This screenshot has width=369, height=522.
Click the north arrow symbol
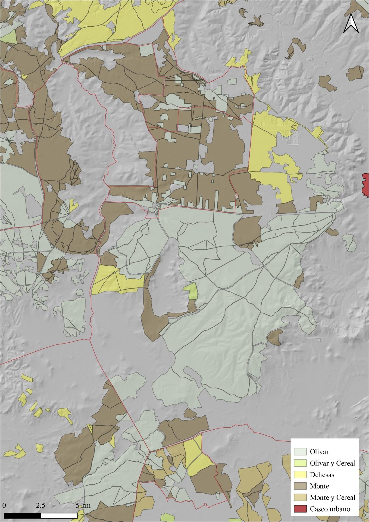pyautogui.click(x=351, y=23)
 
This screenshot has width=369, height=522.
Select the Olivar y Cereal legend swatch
pyautogui.click(x=300, y=463)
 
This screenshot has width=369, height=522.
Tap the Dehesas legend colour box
pyautogui.click(x=300, y=475)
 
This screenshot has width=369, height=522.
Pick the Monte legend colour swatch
pyautogui.click(x=300, y=486)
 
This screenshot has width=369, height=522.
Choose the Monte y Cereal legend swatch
pyautogui.click(x=300, y=497)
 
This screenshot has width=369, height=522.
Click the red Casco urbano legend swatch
pyautogui.click(x=300, y=509)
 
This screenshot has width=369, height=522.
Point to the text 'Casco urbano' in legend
pyautogui.click(x=330, y=509)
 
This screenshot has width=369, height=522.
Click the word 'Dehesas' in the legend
pyautogui.click(x=322, y=475)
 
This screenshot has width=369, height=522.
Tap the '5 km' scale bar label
pyautogui.click(x=83, y=505)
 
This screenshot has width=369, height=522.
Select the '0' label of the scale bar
pyautogui.click(x=4, y=505)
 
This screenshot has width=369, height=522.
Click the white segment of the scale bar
pyautogui.click(x=59, y=515)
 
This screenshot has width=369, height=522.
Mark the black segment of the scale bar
pyautogui.click(x=22, y=515)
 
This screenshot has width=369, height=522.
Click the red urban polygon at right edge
pyautogui.click(x=366, y=185)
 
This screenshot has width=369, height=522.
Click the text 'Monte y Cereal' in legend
pyautogui.click(x=332, y=498)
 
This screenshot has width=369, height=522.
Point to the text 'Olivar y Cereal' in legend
pyautogui.click(x=332, y=463)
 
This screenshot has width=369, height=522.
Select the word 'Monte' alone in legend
pyautogui.click(x=319, y=486)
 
